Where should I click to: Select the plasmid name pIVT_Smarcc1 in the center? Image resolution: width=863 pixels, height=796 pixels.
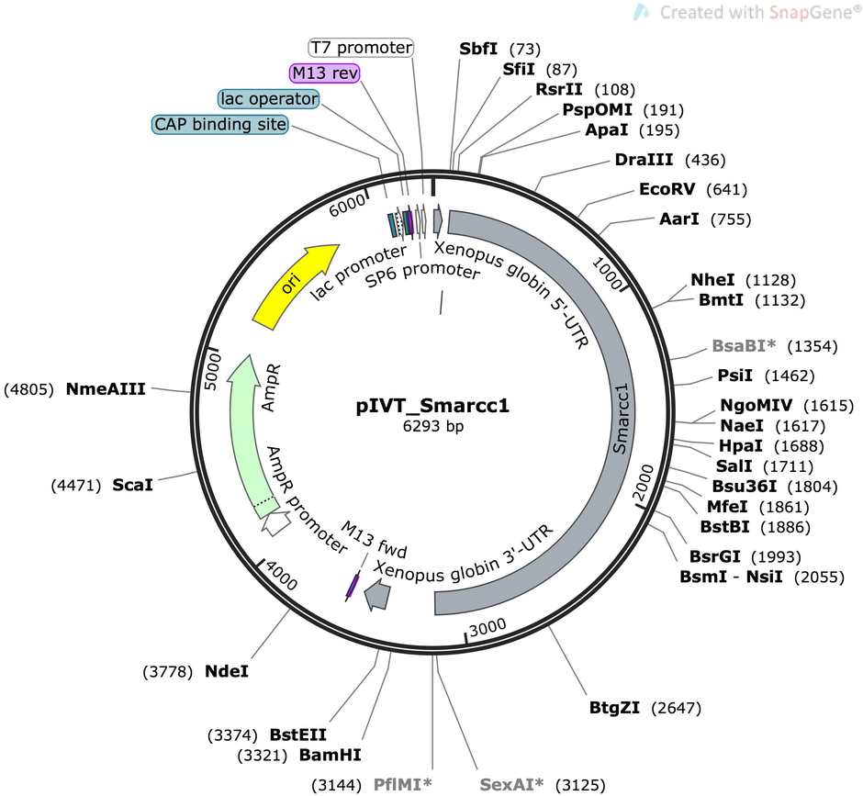coord(432,406)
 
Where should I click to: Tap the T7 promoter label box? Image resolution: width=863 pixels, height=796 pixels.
coord(361,48)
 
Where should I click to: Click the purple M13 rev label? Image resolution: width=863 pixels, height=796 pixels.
coord(325,73)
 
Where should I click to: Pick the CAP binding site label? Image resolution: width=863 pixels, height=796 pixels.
coord(220,125)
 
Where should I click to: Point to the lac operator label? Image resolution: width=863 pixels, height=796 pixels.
coord(269,99)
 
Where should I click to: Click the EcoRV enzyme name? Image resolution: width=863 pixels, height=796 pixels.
coord(667,189)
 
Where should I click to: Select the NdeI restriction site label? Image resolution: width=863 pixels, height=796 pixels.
coord(226,671)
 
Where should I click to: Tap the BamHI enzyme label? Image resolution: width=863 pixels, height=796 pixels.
coord(331,755)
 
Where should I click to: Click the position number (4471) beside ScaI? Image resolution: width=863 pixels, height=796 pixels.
coord(76,486)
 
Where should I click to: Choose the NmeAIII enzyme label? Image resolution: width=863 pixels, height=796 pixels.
coord(106,389)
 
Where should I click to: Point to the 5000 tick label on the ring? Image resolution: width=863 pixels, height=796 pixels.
coord(212,372)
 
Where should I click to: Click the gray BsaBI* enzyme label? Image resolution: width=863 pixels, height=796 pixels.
coord(745,346)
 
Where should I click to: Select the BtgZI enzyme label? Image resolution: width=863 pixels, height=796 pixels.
coord(614,707)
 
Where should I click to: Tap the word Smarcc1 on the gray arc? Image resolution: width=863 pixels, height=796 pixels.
coord(621,419)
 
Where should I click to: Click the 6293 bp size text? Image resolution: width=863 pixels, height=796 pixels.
coord(432,426)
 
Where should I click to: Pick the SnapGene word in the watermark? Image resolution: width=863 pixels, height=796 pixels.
coord(812,12)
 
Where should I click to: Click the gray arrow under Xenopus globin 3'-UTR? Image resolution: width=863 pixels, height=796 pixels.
coord(377,595)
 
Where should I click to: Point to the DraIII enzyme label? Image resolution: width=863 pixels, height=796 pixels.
coord(644,160)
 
